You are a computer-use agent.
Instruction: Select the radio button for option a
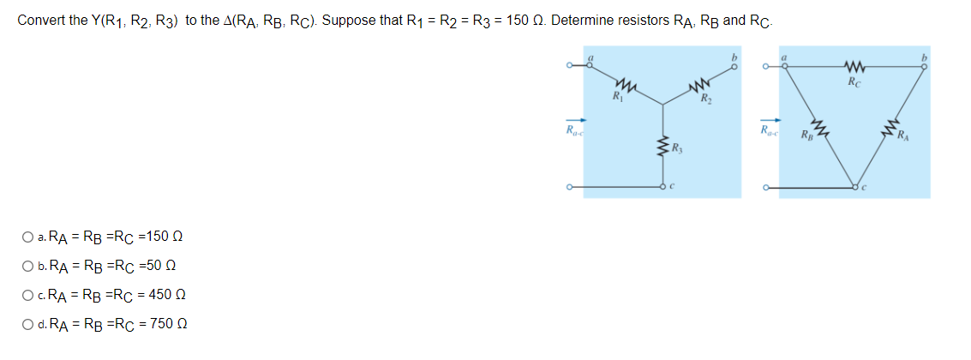pyautogui.click(x=30, y=237)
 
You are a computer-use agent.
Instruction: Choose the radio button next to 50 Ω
pyautogui.click(x=30, y=267)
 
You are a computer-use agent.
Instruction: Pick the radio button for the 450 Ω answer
pyautogui.click(x=30, y=296)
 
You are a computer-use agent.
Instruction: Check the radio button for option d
pyautogui.click(x=30, y=324)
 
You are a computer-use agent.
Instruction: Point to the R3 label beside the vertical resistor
pyautogui.click(x=678, y=154)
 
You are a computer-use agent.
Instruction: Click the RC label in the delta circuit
pyautogui.click(x=853, y=83)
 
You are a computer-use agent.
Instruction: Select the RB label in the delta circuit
pyautogui.click(x=806, y=135)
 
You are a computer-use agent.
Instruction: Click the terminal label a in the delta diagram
pyautogui.click(x=781, y=57)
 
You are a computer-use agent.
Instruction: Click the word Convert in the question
pyautogui.click(x=39, y=20)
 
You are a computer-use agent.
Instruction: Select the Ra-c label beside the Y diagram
pyautogui.click(x=572, y=130)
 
